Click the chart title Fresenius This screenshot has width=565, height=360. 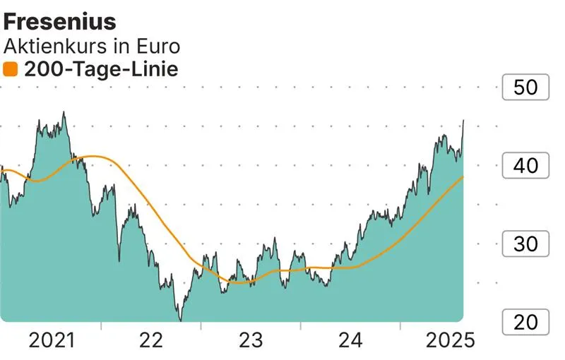[x=60, y=22]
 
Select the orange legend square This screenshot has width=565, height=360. [x=10, y=69]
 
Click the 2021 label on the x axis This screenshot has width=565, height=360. [x=52, y=341]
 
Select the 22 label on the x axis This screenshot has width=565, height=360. [x=151, y=341]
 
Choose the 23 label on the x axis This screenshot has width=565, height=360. [x=251, y=341]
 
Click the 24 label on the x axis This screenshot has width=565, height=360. [x=350, y=341]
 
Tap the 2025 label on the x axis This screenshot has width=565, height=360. [x=450, y=341]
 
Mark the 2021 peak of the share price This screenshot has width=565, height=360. [x=64, y=112]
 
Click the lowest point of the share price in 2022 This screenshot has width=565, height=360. [x=180, y=320]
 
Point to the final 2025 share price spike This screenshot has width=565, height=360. [x=463, y=121]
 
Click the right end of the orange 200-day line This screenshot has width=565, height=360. [x=463, y=177]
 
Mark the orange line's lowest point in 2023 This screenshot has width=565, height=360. [x=240, y=283]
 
